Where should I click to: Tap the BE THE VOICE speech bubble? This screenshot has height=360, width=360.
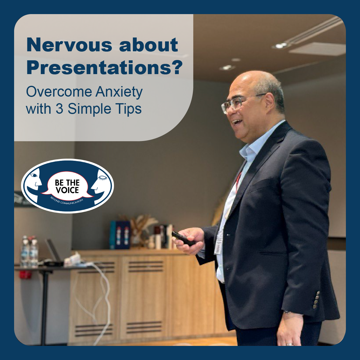(67, 186)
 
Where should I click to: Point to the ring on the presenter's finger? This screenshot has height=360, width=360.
(289, 344)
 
